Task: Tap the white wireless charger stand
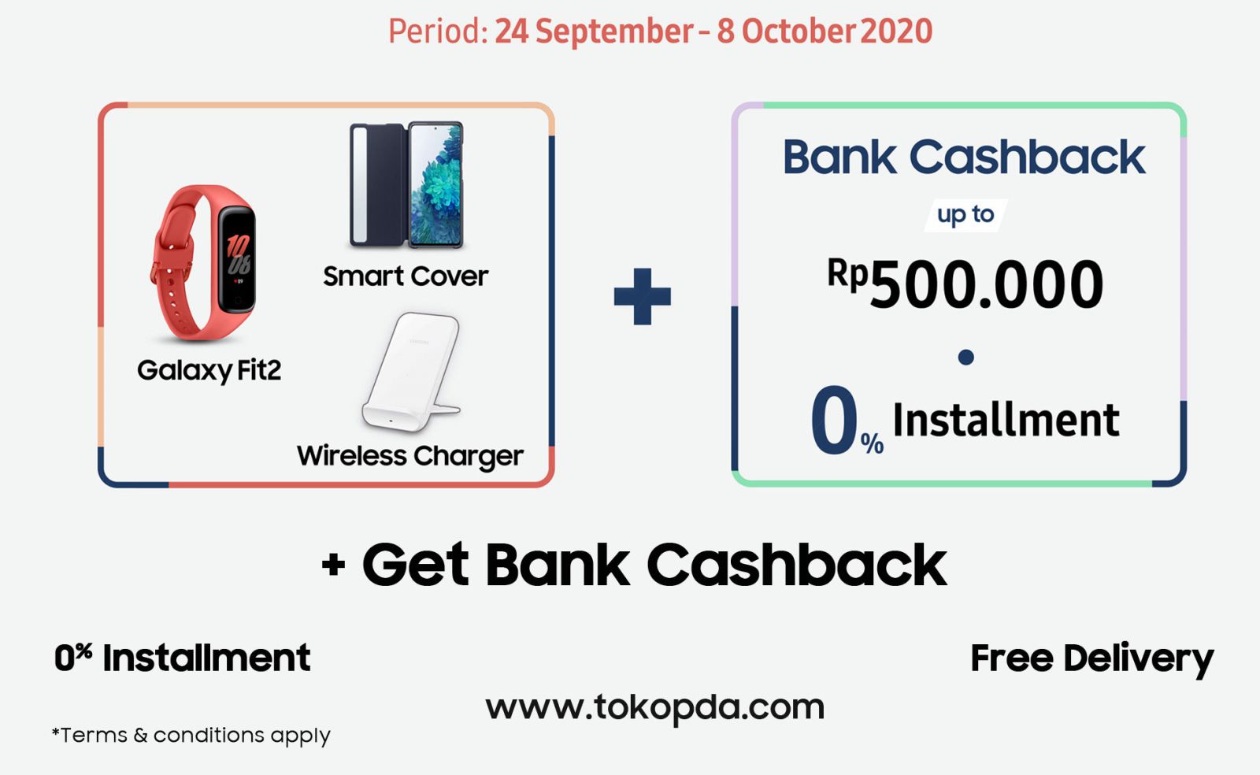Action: [x=411, y=373]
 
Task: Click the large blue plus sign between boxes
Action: [x=643, y=296]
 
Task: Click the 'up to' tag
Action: [x=965, y=215]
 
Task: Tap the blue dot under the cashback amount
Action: [x=965, y=357]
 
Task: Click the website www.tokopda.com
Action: [x=654, y=708]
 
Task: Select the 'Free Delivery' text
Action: [x=1091, y=658]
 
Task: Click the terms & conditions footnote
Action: [x=191, y=736]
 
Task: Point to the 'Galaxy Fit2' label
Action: [x=209, y=371]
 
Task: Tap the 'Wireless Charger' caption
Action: [x=410, y=456]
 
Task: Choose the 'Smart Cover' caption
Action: [x=406, y=276]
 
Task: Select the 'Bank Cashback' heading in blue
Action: [x=964, y=157]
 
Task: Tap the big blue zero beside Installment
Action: [x=834, y=419]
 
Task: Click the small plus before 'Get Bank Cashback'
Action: [x=334, y=564]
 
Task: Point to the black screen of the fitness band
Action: [x=237, y=260]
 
